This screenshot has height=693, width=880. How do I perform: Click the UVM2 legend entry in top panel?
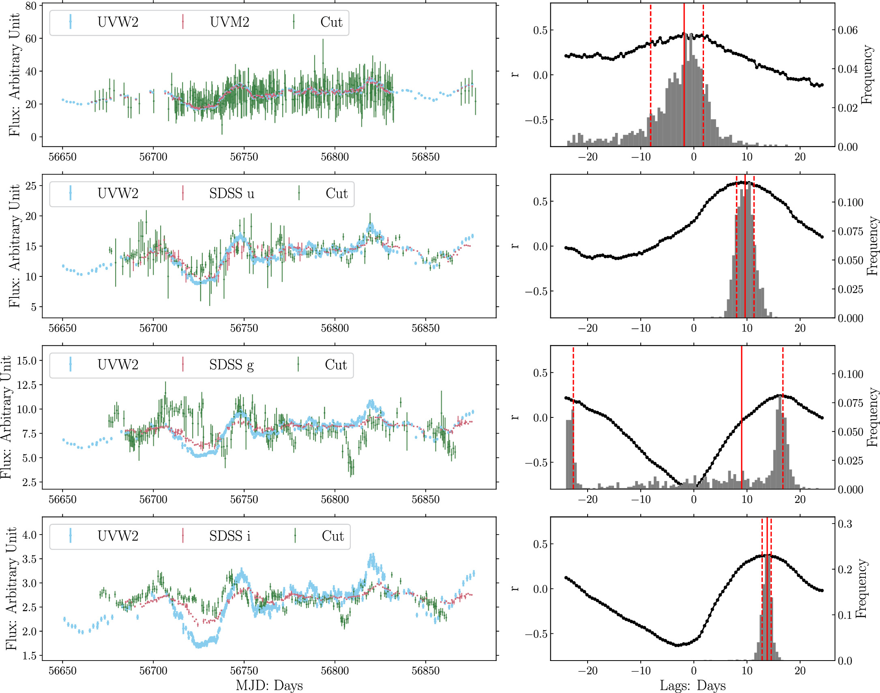[x=229, y=22]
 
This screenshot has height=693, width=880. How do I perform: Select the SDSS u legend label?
[x=232, y=194]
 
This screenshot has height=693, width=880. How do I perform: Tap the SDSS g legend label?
[x=232, y=365]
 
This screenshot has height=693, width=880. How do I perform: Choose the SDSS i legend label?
[x=230, y=536]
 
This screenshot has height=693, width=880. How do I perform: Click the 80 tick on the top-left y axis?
[x=31, y=6]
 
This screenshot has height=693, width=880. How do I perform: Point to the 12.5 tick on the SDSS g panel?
[x=26, y=385]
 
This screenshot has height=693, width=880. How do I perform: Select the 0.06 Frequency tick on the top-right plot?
[x=848, y=30]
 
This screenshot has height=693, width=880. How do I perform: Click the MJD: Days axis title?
[x=269, y=686]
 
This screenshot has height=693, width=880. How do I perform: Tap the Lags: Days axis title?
[x=693, y=686]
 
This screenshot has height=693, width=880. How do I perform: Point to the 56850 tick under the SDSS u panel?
[x=425, y=328]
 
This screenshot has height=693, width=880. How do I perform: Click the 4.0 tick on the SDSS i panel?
[x=29, y=535]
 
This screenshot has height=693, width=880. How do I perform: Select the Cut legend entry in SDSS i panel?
[x=333, y=536]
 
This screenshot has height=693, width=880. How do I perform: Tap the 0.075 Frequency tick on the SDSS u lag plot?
[x=850, y=231]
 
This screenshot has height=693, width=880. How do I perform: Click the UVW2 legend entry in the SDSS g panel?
[x=118, y=365]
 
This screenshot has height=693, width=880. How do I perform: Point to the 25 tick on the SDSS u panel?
[x=31, y=186]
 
